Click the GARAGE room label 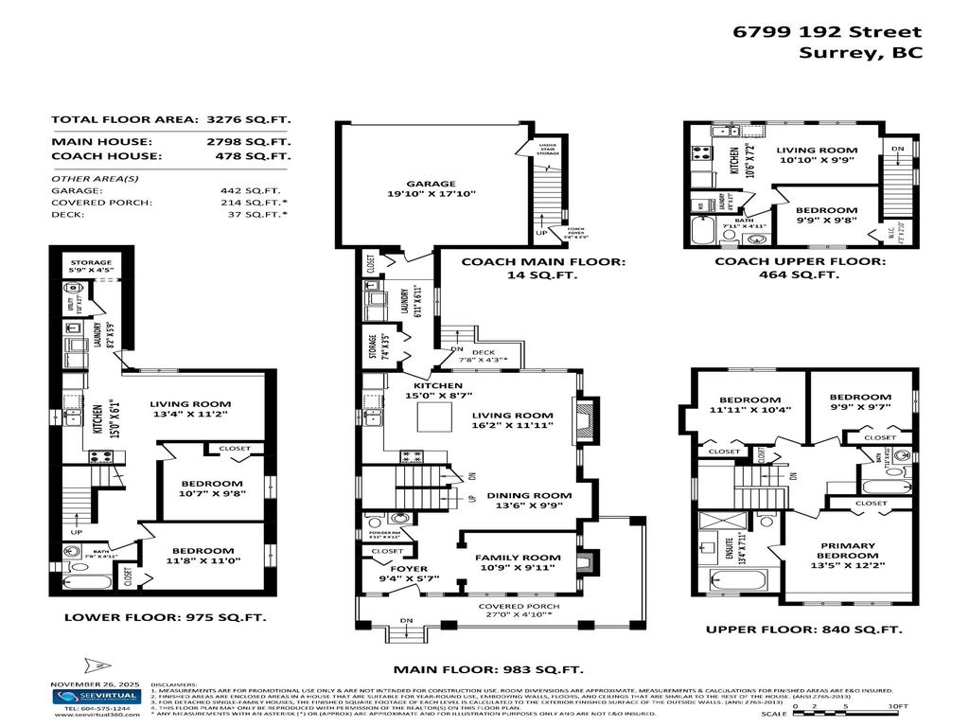click(431, 185)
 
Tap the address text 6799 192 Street click(827, 31)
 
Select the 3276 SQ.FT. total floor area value click(248, 119)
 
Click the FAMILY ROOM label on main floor click(512, 558)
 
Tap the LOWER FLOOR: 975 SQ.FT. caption click(165, 616)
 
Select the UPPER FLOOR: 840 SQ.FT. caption click(803, 629)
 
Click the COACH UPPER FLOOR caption click(800, 261)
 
